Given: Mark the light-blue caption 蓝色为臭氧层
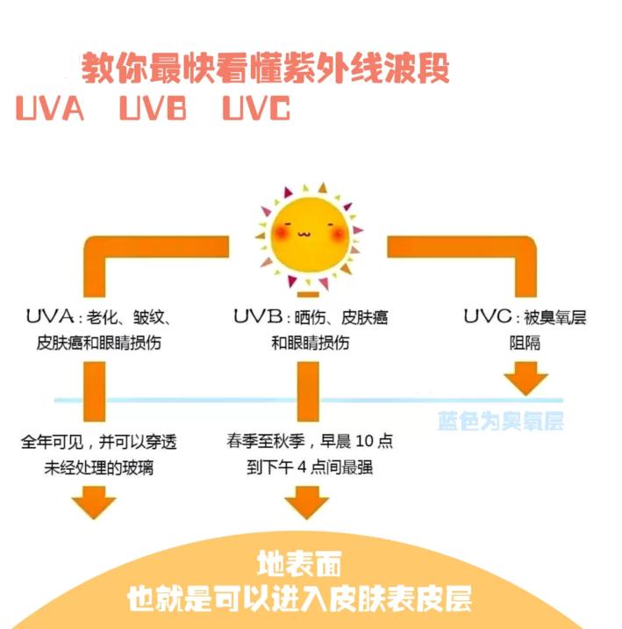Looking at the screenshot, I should pyautogui.click(x=500, y=422).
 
